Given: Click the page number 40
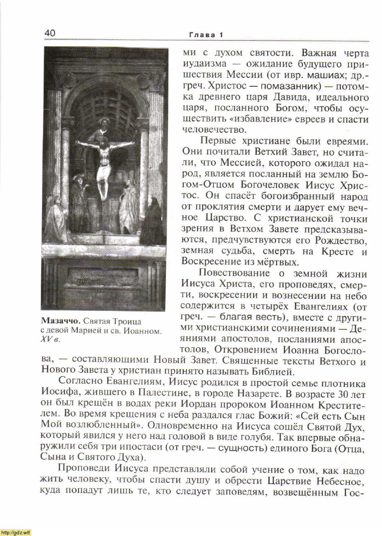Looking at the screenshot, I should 50,33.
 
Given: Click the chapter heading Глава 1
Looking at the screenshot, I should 206,34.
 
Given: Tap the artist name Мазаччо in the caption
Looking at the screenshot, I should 59,321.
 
